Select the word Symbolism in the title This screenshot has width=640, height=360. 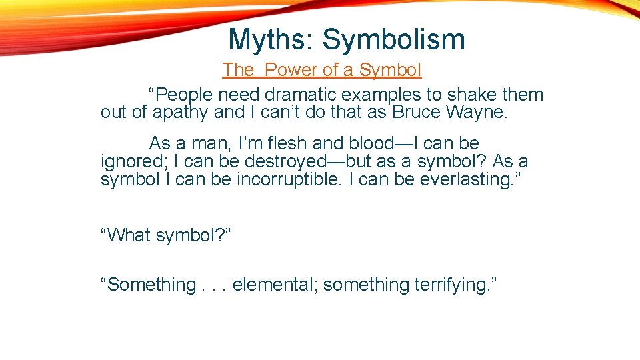point(394,40)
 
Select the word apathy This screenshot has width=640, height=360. point(181,113)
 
